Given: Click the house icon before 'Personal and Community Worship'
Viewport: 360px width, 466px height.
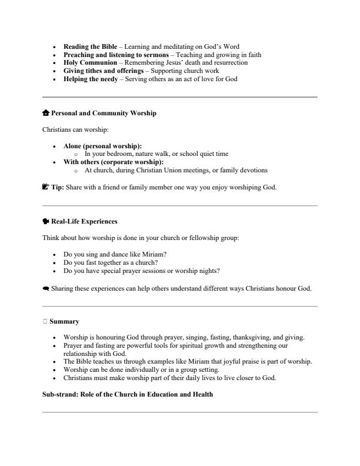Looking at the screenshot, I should click(x=46, y=113).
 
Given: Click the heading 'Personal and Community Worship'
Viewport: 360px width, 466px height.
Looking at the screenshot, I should click(x=104, y=113).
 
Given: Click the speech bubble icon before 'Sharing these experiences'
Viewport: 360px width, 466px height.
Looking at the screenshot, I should click(x=46, y=288).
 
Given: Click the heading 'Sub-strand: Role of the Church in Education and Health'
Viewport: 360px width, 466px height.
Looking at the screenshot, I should click(x=128, y=394).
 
